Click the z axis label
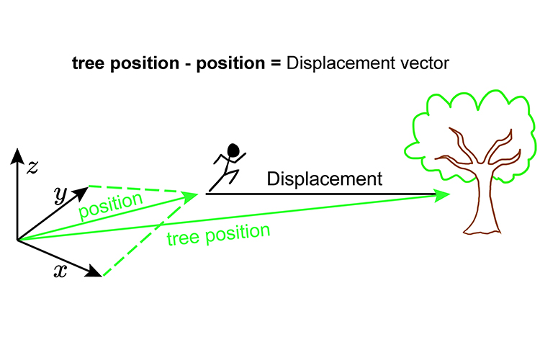[32, 168]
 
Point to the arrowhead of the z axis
[17, 155]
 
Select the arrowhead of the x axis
[94, 272]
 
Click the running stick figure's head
[233, 150]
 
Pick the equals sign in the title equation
[275, 63]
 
